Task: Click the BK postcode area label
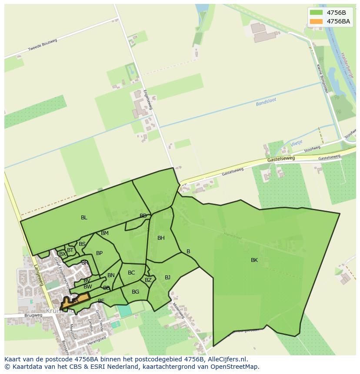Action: click(x=254, y=260)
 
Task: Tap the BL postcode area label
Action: click(x=84, y=218)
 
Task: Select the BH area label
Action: click(x=161, y=238)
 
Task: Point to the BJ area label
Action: click(x=167, y=277)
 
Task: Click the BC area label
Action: click(x=131, y=273)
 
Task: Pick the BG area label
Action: click(x=135, y=292)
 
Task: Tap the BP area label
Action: click(x=99, y=253)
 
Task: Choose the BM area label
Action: click(x=104, y=233)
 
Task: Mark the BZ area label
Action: click(x=148, y=280)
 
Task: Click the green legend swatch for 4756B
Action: click(x=317, y=13)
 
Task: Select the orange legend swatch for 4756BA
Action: click(x=317, y=21)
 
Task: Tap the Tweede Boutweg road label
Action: click(x=43, y=45)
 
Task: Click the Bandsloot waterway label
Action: click(x=266, y=103)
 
